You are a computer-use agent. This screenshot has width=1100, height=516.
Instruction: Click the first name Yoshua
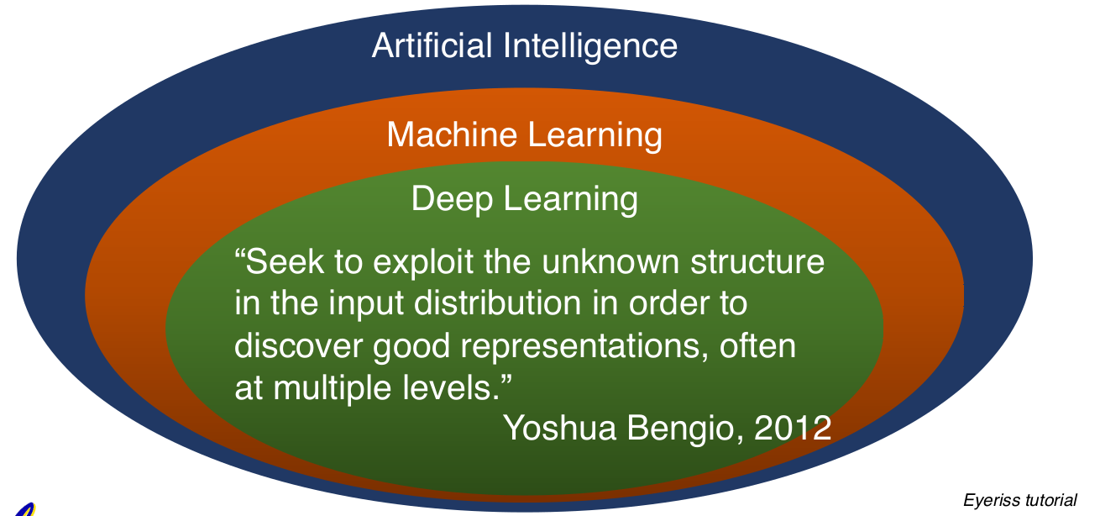[558, 429]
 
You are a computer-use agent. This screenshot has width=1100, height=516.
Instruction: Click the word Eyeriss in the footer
[992, 501]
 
